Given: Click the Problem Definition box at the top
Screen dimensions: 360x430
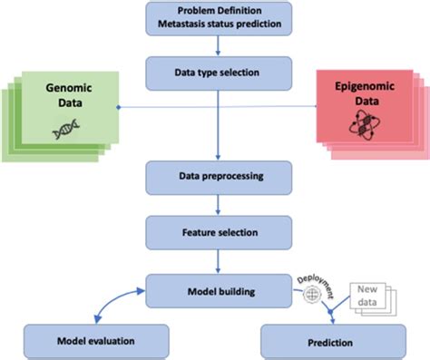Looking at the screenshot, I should point(215,15).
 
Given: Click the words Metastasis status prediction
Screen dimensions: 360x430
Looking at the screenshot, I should point(215,23).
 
